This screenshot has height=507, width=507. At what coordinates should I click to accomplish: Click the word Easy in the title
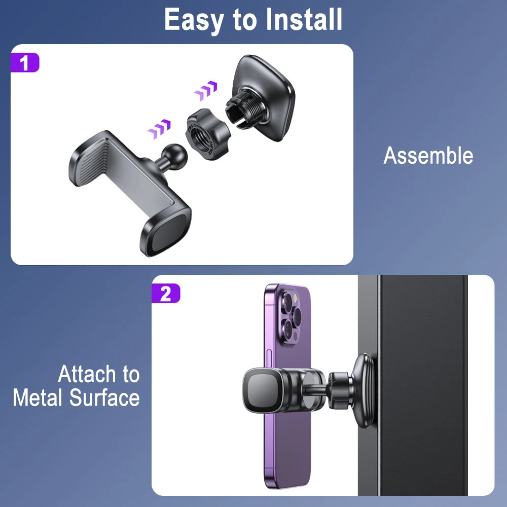(194, 20)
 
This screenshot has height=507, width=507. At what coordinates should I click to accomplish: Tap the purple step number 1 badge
(25, 62)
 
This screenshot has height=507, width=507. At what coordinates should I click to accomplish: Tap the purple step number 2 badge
(166, 293)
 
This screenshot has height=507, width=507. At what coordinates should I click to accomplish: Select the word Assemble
(428, 156)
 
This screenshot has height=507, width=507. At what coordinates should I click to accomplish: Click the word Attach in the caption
(87, 374)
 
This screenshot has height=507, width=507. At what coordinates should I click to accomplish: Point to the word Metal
(37, 397)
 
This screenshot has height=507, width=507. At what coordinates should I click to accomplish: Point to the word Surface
(104, 397)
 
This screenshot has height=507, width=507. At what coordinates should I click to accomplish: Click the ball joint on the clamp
(174, 156)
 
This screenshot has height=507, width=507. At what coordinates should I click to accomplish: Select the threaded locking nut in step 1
(207, 134)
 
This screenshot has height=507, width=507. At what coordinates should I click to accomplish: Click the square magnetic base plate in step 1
(264, 97)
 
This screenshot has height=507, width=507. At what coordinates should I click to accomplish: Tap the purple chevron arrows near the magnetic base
(206, 90)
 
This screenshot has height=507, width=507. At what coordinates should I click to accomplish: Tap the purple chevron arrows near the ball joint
(159, 129)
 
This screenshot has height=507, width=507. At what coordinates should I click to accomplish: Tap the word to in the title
(245, 20)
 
